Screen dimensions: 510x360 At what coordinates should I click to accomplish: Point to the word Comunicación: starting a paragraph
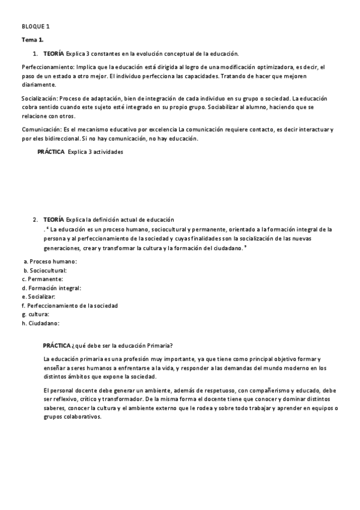(x=43, y=129)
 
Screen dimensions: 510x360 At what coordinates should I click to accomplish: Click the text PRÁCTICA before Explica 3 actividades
(x=51, y=152)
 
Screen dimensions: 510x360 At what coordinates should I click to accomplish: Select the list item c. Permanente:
(x=41, y=279)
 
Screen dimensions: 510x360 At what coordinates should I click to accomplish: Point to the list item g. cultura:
(x=35, y=314)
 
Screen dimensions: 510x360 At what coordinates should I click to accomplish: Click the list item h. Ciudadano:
(x=40, y=323)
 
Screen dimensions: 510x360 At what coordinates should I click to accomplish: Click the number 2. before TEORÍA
(x=36, y=220)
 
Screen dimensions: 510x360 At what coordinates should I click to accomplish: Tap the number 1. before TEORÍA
(x=36, y=54)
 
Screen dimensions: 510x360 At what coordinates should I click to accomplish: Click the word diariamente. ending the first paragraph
(x=38, y=84)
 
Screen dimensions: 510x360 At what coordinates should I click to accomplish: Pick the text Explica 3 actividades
(x=96, y=152)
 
